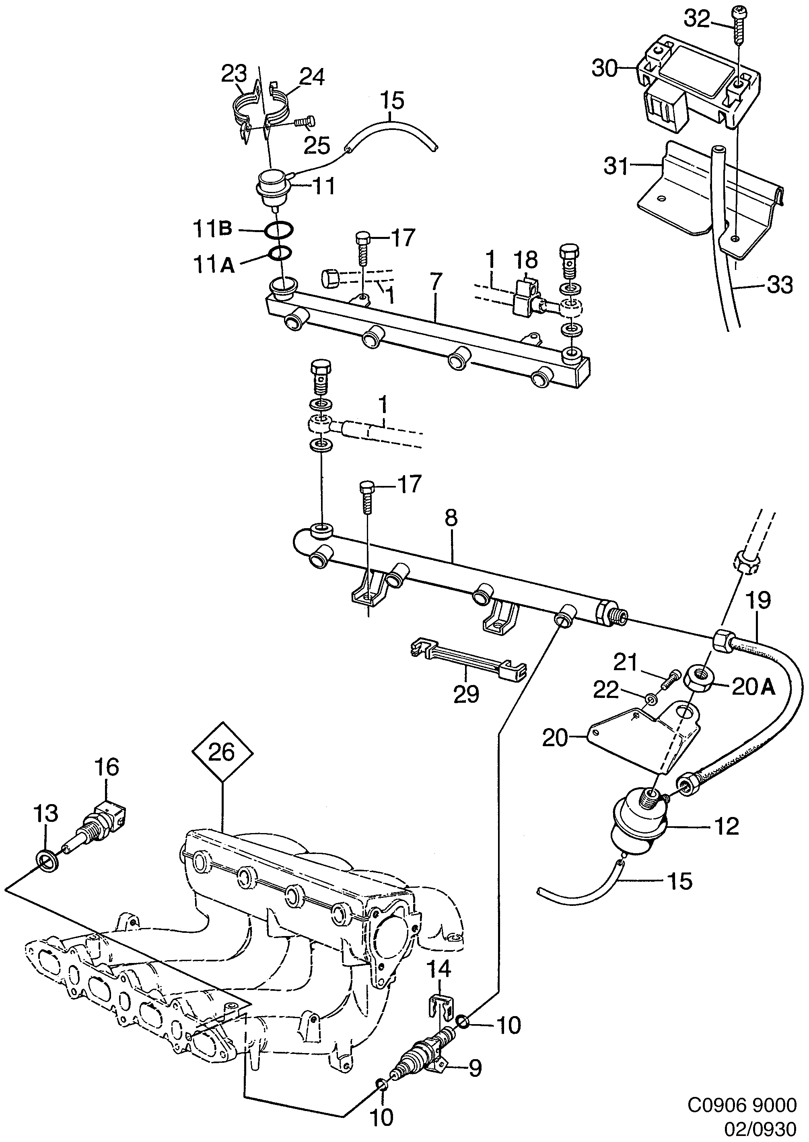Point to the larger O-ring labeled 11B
click(x=279, y=230)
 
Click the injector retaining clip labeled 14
click(x=441, y=1006)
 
